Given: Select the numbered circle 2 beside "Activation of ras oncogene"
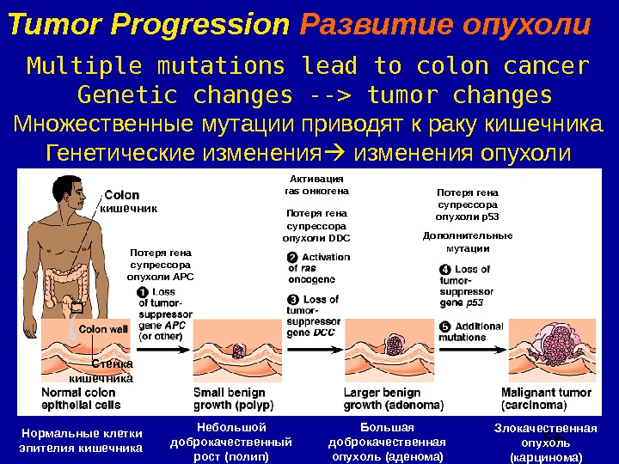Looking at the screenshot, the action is (x=292, y=257).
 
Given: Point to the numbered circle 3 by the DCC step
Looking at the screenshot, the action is (x=292, y=300).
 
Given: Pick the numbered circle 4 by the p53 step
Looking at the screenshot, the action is (x=444, y=270).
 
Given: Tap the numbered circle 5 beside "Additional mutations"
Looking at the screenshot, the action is (x=444, y=327).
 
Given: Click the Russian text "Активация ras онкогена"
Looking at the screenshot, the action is (x=316, y=185).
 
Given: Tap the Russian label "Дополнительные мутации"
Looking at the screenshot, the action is (x=469, y=241).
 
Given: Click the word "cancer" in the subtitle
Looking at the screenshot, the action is (x=547, y=65).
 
